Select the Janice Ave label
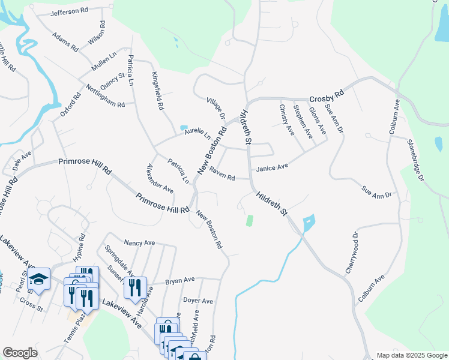pos(273,169)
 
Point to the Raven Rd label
pos(221,176)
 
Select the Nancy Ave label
pos(139,243)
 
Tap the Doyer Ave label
pos(198,301)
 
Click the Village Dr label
pos(214,109)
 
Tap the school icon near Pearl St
pos(39,280)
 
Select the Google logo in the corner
pos(20,353)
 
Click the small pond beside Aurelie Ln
pos(183,128)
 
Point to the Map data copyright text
pos(411,355)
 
